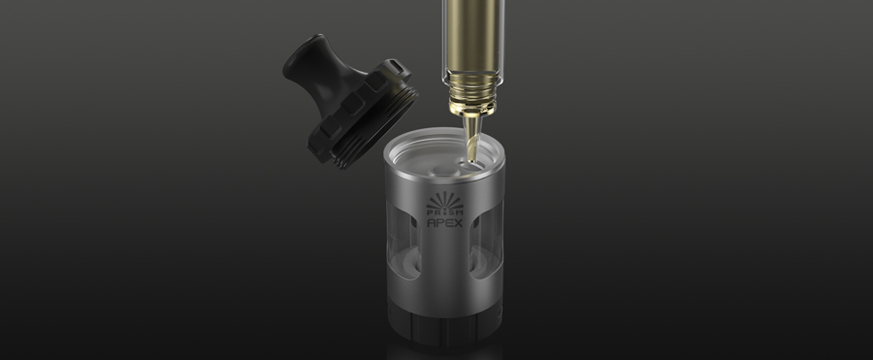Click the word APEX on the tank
pos(445,223)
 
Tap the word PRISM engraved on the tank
pos(445,213)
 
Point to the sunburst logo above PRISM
pos(445,200)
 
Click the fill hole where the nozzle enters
pos(469,163)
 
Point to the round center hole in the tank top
pos(438,170)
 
